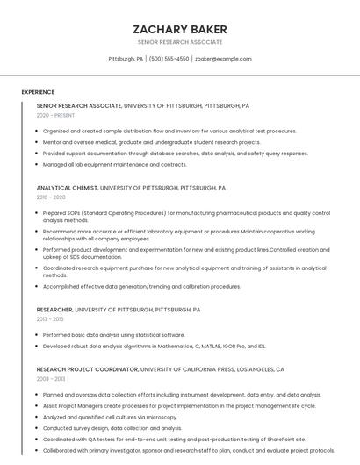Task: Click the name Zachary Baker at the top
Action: tap(179, 29)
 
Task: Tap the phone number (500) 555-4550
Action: tap(169, 59)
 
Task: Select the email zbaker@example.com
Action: tap(223, 59)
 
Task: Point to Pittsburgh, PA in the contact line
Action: tap(126, 59)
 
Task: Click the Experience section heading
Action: tap(38, 92)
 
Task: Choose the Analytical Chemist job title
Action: tap(68, 188)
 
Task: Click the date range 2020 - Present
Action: tap(56, 115)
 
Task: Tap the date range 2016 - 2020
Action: tap(52, 197)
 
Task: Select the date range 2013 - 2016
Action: tap(52, 319)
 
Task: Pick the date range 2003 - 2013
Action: tap(52, 379)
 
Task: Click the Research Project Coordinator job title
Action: tap(87, 369)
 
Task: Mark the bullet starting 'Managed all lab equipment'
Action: tap(115, 164)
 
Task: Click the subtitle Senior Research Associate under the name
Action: tap(179, 42)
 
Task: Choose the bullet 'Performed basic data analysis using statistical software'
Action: tap(114, 334)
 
